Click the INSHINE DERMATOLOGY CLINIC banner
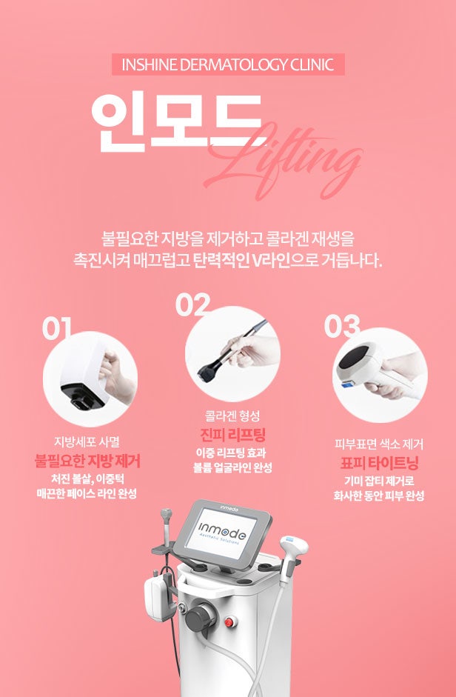(228, 64)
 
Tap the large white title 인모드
(177, 122)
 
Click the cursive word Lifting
(284, 159)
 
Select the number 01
(56, 329)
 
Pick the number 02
(192, 304)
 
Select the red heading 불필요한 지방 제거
(87, 461)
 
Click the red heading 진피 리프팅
(232, 435)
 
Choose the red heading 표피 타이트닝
(379, 463)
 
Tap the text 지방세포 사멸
(87, 442)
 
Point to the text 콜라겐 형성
(232, 416)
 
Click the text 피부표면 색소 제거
(379, 444)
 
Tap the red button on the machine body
(229, 622)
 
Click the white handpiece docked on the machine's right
(293, 553)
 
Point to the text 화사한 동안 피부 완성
(379, 496)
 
